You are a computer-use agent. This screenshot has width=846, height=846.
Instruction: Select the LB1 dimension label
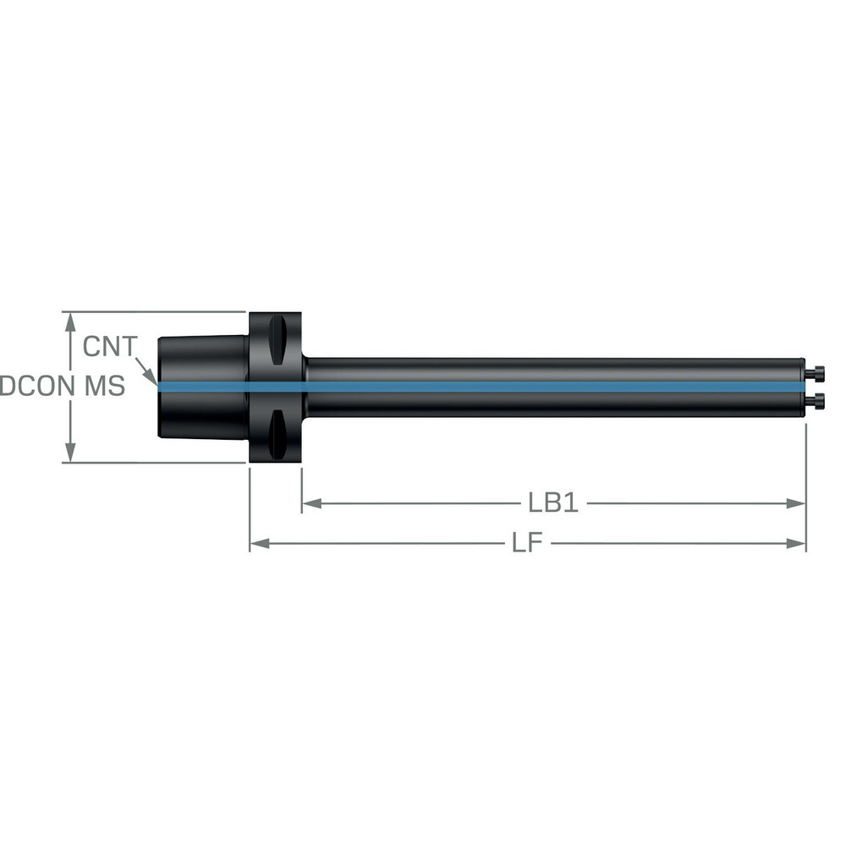coord(552,503)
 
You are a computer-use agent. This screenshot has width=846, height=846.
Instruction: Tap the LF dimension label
coord(526,543)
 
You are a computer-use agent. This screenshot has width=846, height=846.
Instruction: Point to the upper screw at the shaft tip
coord(816,372)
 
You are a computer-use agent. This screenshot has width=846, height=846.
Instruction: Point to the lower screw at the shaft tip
coord(816,399)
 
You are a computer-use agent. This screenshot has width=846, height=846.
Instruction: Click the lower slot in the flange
coord(277,433)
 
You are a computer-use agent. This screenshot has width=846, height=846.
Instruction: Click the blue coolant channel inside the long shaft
coord(550,387)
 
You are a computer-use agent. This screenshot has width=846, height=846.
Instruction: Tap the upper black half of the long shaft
coord(550,370)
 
